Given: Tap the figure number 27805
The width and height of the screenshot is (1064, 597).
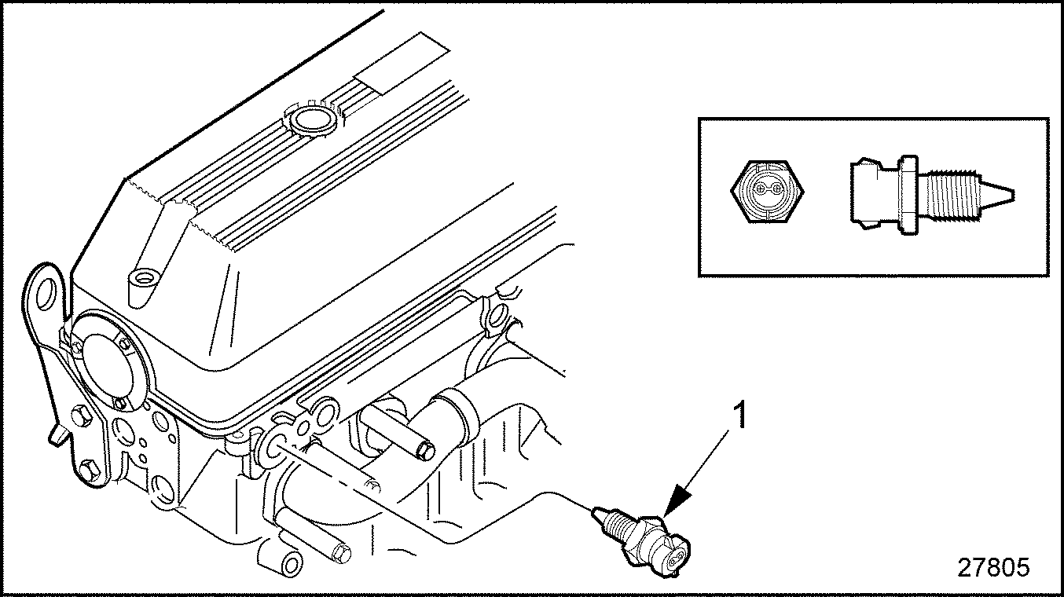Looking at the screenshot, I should pyautogui.click(x=992, y=568).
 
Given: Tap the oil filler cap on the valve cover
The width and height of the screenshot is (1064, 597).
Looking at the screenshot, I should pyautogui.click(x=312, y=120).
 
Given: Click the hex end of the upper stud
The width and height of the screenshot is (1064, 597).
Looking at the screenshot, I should pyautogui.click(x=425, y=451).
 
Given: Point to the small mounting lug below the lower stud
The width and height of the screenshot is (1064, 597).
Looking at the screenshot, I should pyautogui.click(x=290, y=562).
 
